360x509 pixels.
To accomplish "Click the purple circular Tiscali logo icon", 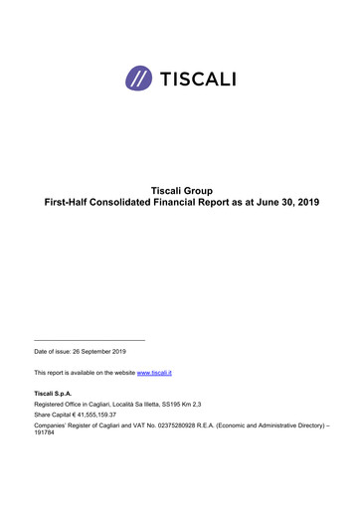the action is coord(139,77).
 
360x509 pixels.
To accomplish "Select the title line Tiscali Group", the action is coord(180,189).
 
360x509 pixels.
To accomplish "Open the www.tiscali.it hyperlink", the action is coord(154,372).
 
